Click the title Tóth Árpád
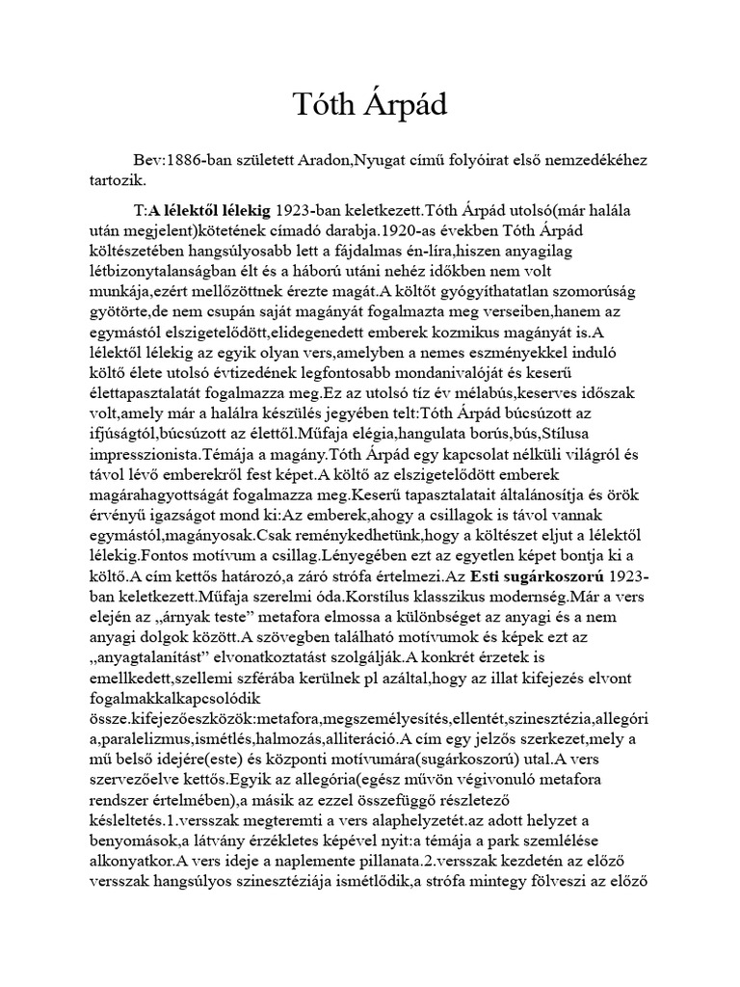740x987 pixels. coord(370,105)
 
